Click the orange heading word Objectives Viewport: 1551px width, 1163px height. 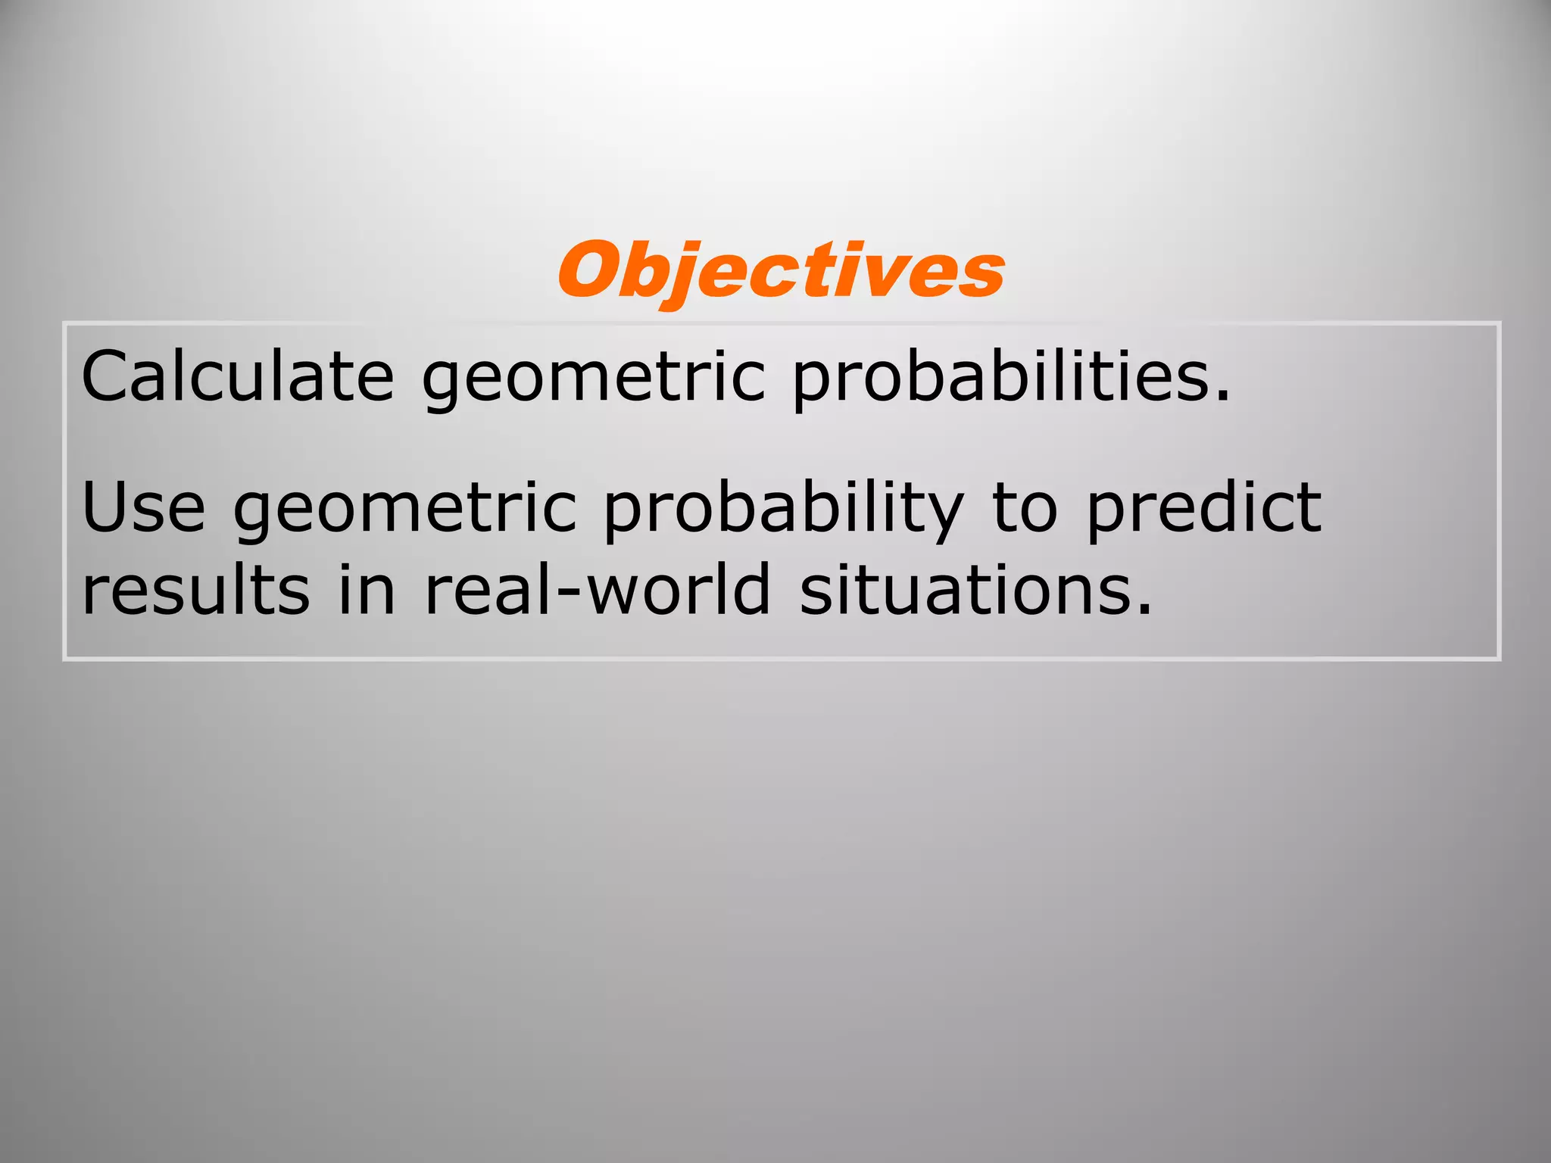pyautogui.click(x=781, y=271)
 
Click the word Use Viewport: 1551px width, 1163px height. pyautogui.click(x=144, y=507)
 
